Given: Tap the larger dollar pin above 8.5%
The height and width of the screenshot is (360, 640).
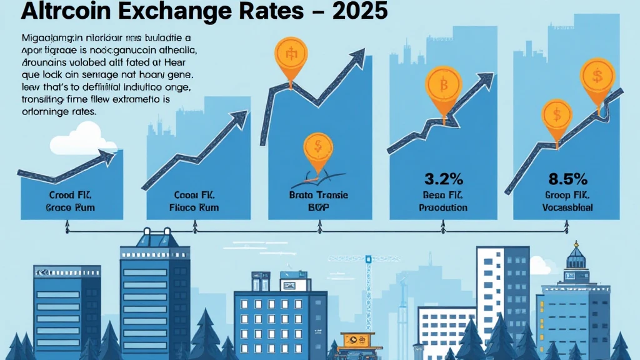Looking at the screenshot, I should coord(598,77).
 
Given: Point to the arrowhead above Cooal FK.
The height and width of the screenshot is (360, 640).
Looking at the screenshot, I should coord(239,119).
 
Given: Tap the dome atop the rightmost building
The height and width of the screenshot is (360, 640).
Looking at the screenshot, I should coord(574,256).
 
